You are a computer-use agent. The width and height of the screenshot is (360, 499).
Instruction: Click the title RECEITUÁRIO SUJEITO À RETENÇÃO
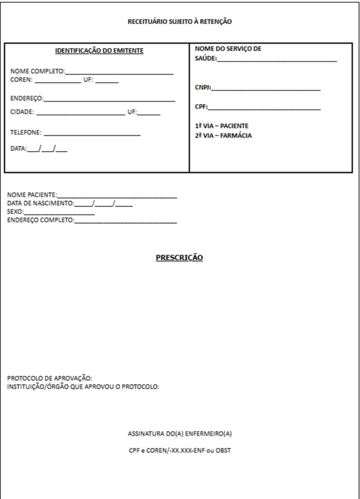[x=180, y=21]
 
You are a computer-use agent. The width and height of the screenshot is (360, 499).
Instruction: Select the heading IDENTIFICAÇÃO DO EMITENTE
[x=99, y=51]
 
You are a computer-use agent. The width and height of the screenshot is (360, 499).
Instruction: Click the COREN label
[x=21, y=80]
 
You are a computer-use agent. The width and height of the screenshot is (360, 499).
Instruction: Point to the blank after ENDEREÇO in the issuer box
[x=109, y=100]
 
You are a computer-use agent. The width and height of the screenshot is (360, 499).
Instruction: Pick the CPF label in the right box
[x=201, y=107]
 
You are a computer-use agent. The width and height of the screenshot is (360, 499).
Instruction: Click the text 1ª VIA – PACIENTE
[x=222, y=126]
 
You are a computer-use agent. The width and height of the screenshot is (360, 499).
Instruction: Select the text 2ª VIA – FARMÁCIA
[x=224, y=136]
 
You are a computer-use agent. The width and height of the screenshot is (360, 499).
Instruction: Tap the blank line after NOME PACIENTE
[x=117, y=197]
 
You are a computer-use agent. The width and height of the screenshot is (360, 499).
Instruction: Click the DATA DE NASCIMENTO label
[x=40, y=204]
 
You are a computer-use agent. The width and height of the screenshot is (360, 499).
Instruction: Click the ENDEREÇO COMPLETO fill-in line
[x=126, y=222]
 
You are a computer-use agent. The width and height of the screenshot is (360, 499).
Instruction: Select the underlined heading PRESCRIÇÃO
[x=179, y=258]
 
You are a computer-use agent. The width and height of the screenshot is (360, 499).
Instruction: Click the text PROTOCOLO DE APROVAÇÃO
[x=50, y=378]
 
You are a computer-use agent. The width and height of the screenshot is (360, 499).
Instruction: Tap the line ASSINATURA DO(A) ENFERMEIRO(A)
[x=179, y=433]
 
